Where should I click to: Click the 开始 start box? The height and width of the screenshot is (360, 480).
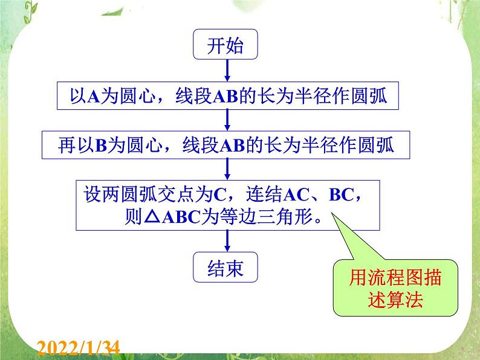point(225,47)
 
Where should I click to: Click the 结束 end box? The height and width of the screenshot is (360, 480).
point(225,268)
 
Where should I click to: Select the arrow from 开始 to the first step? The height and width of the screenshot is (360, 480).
point(226,71)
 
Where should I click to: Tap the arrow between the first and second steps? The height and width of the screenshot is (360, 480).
point(226,121)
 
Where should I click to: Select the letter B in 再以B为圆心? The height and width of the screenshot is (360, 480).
point(101,146)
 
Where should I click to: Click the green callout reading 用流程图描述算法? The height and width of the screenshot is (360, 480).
point(386,289)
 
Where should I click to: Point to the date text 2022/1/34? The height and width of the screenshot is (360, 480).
point(79,347)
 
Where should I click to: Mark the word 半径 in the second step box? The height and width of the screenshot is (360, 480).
point(329,146)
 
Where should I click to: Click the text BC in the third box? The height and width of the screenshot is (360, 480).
point(342,195)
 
